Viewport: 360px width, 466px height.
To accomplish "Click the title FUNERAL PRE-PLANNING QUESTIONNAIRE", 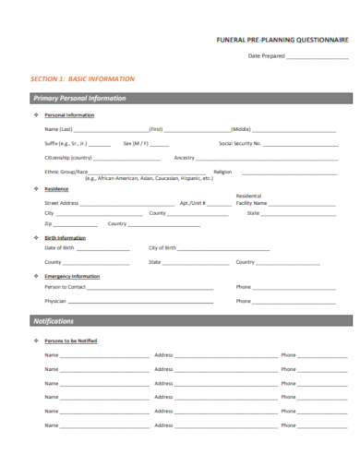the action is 282,42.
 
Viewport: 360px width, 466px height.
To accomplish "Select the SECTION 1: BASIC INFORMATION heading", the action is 83,79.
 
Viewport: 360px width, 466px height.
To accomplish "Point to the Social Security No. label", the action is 240,144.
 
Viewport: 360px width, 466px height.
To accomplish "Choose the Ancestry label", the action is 185,158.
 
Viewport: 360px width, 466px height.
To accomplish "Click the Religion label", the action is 222,172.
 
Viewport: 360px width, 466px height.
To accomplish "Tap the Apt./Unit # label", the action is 192,202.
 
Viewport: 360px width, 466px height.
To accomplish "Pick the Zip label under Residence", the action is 48,224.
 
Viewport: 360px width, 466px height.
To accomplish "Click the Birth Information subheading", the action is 66,238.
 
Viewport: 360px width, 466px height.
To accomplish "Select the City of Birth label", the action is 162,248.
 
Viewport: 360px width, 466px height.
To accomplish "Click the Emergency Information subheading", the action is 72,276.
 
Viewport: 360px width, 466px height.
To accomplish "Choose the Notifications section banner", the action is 54,320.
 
